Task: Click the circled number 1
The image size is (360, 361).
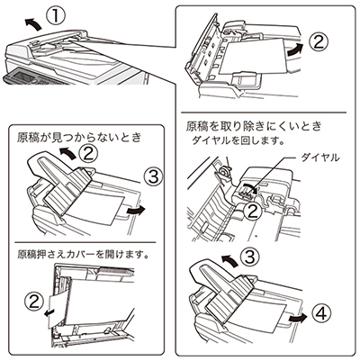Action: click(56, 15)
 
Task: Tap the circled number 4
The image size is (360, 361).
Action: click(320, 313)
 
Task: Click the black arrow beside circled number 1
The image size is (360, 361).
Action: click(32, 23)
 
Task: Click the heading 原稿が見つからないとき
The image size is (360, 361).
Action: click(79, 138)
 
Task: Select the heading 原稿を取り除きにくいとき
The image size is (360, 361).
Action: click(254, 126)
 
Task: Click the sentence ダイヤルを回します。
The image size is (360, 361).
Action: click(238, 140)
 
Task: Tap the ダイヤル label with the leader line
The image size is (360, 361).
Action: click(320, 158)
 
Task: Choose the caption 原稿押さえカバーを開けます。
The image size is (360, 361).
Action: click(84, 255)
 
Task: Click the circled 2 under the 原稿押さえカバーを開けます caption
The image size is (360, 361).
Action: click(34, 302)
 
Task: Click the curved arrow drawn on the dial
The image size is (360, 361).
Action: click(250, 187)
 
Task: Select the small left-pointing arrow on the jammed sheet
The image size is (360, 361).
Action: click(49, 313)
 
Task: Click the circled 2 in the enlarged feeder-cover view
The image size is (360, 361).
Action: click(319, 42)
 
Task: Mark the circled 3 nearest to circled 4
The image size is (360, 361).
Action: click(250, 257)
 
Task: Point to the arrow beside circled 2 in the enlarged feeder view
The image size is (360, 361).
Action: click(295, 49)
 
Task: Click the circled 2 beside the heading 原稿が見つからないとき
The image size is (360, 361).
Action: click(88, 154)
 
